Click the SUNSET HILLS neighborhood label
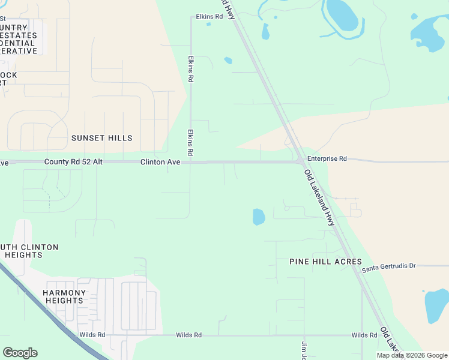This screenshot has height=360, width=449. [101, 138]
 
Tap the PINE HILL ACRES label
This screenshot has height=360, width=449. [325, 262]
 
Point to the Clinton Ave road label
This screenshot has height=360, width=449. [160, 162]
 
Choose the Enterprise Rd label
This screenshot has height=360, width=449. [327, 159]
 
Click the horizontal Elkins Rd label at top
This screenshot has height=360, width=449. [209, 17]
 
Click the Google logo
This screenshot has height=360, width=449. [20, 353]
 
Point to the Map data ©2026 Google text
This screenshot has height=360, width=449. [411, 355]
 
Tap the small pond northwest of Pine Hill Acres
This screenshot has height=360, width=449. [258, 217]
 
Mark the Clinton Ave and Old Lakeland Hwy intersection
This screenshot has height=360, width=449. [300, 161]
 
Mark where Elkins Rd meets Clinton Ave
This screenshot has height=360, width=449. [190, 162]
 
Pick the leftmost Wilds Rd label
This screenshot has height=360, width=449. [92, 335]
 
